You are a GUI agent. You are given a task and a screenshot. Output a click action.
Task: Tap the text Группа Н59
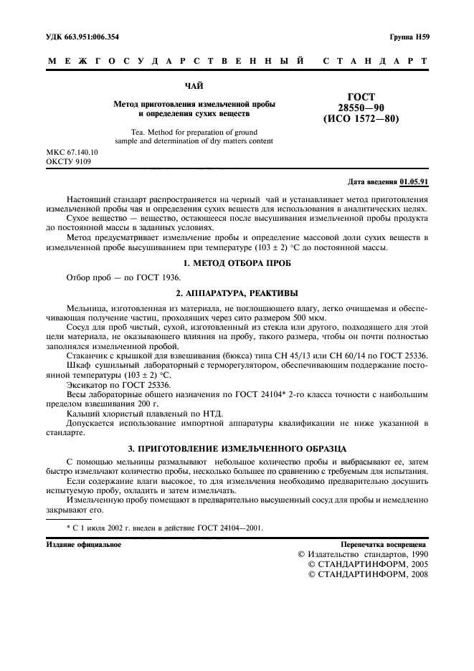pyautogui.click(x=409, y=36)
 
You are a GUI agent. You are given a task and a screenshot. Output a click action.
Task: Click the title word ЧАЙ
pyautogui.click(x=194, y=86)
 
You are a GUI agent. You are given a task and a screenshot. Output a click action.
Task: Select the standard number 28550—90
pyautogui.click(x=361, y=108)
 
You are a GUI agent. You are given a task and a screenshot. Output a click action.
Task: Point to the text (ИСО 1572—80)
pyautogui.click(x=361, y=119)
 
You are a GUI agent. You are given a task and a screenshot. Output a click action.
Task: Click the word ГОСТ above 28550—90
pyautogui.click(x=361, y=97)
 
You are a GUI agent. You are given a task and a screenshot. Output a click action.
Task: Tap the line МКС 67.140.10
pyautogui.click(x=72, y=153)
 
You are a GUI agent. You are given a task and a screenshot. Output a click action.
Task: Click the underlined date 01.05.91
pyautogui.click(x=414, y=182)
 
